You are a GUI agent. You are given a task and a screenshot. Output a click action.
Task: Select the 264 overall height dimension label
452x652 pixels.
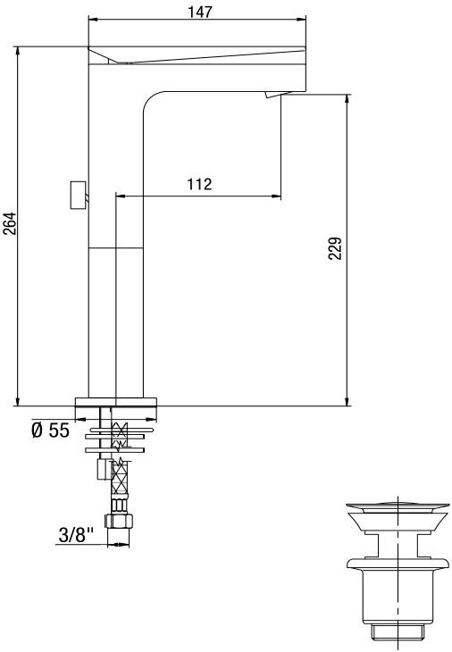[x=10, y=223]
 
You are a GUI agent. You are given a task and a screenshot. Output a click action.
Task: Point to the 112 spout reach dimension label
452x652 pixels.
[x=198, y=184]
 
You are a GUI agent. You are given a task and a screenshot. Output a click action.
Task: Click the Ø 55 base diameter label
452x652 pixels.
[x=50, y=430]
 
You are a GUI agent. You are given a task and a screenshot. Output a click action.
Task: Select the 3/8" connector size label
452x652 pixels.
[x=78, y=536]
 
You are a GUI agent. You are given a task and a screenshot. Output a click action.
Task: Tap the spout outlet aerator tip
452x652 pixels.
[x=274, y=96]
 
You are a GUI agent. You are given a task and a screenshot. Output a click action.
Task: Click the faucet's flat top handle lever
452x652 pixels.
[x=197, y=53]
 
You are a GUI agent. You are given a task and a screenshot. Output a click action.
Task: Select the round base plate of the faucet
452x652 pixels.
[x=115, y=399]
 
